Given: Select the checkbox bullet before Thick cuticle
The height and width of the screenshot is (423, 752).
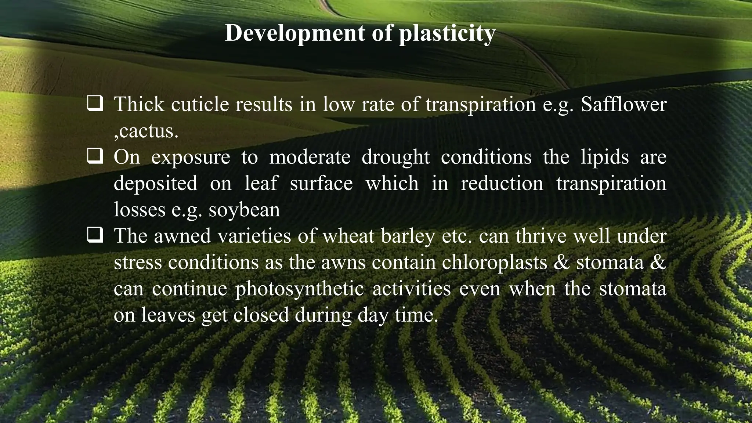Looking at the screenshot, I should coord(95,104).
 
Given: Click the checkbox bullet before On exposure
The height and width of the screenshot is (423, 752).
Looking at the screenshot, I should coord(95,157).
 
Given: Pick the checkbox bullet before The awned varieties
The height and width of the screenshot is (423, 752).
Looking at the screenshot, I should coord(95,235).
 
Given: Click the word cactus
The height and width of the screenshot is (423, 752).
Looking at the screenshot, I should coord(147,131).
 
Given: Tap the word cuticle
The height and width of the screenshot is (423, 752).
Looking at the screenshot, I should coord(200,104).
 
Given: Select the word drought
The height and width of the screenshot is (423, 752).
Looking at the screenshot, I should coord(395,157).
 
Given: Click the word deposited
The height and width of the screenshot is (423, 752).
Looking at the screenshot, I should coord(155,183).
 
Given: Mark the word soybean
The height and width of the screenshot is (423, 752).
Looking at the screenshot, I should coord(244,210).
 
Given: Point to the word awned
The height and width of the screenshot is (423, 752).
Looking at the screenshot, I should coord(182,236).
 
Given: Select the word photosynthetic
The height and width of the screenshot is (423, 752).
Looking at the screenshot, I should coord(299,289).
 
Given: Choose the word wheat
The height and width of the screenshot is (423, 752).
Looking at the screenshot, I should coord(348,236).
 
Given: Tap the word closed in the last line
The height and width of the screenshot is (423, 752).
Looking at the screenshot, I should coord(261,315).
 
